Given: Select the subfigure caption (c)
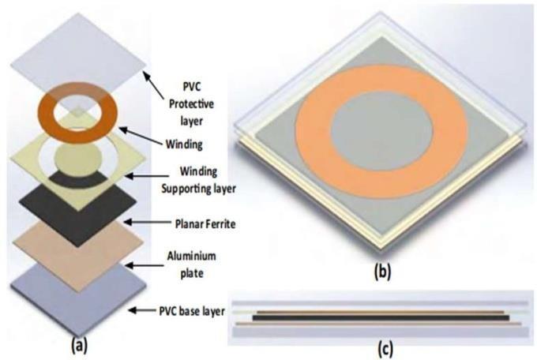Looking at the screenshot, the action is (381, 347).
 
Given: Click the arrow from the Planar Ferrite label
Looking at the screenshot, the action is (150, 223).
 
